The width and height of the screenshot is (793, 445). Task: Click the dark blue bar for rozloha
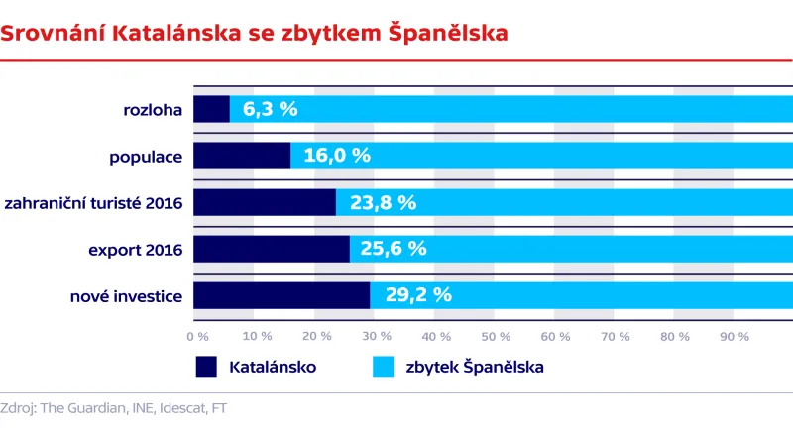211,109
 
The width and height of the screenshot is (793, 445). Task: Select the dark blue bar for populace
242,156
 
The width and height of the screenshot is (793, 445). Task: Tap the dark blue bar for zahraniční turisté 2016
265,202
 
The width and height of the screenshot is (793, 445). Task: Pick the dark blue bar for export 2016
271,249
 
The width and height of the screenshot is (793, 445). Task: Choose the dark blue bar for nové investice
282,294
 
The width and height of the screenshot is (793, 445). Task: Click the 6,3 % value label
270,109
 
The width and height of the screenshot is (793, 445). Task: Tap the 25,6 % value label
393,249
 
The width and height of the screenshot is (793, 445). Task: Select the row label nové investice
126,295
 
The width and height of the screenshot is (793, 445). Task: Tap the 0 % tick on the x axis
198,337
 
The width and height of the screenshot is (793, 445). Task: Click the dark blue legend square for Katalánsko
206,367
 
